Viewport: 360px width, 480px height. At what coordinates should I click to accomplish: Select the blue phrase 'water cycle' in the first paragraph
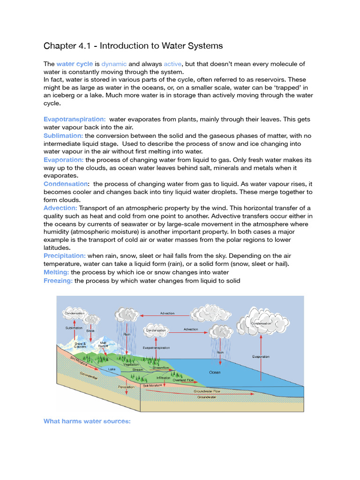pyautogui.click(x=75, y=64)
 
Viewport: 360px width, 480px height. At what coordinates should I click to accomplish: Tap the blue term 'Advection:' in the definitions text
pyautogui.click(x=60, y=208)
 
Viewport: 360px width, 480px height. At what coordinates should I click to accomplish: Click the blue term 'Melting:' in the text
pyautogui.click(x=56, y=272)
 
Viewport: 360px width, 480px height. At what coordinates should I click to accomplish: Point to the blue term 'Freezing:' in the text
pyautogui.click(x=58, y=280)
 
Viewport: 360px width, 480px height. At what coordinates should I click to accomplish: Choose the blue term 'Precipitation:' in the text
pyautogui.click(x=65, y=255)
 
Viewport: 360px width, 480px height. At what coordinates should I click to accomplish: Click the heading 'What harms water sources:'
pyautogui.click(x=87, y=421)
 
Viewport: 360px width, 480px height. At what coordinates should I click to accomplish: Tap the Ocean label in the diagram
pyautogui.click(x=215, y=372)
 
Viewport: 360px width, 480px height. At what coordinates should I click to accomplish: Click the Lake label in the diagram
pyautogui.click(x=112, y=369)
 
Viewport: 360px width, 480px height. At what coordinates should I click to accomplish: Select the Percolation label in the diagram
pyautogui.click(x=126, y=387)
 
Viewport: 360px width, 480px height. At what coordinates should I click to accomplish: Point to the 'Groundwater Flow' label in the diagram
pyautogui.click(x=207, y=390)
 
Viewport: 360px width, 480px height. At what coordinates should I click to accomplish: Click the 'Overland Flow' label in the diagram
pyautogui.click(x=183, y=380)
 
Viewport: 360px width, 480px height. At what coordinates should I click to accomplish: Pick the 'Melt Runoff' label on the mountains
pyautogui.click(x=103, y=345)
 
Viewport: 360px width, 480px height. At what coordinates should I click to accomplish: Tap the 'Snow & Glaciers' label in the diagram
pyautogui.click(x=80, y=345)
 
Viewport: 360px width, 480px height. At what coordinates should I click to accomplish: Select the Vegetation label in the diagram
pyautogui.click(x=131, y=364)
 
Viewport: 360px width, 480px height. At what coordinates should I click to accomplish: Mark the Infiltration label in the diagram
pyautogui.click(x=164, y=377)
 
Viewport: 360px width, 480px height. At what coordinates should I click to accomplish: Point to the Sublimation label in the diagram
pyautogui.click(x=74, y=328)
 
